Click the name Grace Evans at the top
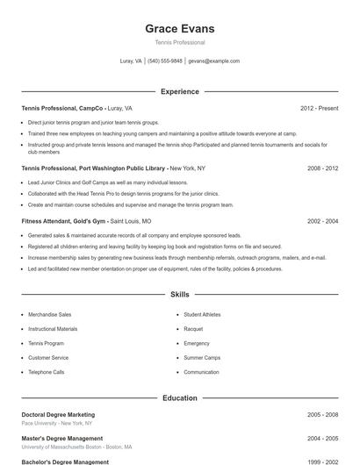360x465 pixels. [x=179, y=29]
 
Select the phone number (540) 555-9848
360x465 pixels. [x=165, y=61]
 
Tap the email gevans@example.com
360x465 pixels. [x=213, y=61]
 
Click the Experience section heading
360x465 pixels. [x=179, y=91]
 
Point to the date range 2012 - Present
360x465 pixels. [x=319, y=108]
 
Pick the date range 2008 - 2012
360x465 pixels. [x=322, y=168]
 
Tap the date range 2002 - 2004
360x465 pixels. [x=322, y=222]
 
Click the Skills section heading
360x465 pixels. [x=179, y=296]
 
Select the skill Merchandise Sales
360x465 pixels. [x=49, y=314]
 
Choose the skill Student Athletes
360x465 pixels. [x=202, y=314]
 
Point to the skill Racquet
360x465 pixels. [x=193, y=329]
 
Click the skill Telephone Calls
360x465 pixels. [x=46, y=372]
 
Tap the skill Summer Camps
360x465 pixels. [x=201, y=358]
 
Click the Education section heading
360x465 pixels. [x=179, y=397]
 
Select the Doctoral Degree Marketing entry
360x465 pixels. [x=58, y=414]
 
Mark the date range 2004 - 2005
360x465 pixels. [x=322, y=438]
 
